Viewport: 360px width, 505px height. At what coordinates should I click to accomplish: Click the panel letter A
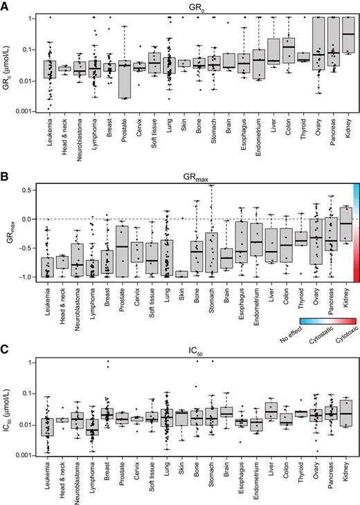coord(5,6)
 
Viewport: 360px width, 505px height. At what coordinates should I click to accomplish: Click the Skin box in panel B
coord(183,274)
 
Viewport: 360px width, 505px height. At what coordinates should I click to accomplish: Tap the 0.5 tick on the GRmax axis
coord(28,190)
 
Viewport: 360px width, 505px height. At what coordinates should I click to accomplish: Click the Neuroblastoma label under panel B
coord(79,298)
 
